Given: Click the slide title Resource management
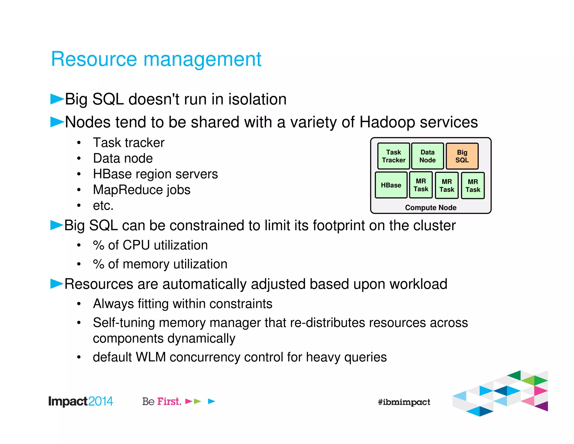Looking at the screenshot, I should tap(156, 59).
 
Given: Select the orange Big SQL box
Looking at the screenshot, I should tap(462, 156).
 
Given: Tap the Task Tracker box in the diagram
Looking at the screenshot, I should tap(394, 156).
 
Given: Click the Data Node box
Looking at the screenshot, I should tap(427, 156).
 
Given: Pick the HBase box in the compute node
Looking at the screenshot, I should tap(391, 185).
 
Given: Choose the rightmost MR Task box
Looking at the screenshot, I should tap(473, 186).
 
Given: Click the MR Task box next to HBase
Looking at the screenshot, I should tap(421, 185).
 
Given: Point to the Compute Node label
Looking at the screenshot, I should tap(430, 208).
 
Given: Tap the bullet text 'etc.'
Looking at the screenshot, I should tap(103, 206).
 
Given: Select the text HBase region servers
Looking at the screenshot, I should tap(155, 174).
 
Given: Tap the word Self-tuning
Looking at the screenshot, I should tap(124, 323).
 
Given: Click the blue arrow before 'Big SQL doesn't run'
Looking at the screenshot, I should tap(57, 99).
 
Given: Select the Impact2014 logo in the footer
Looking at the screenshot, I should tap(80, 401).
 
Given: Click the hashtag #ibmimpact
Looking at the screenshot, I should tap(404, 402).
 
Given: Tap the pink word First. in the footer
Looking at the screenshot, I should tap(169, 401).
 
